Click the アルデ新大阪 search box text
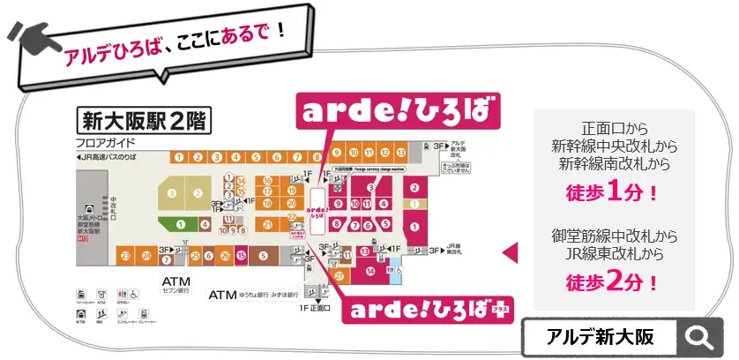tap(600, 336)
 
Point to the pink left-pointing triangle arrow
tap(509, 253)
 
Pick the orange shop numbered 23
tap(127, 256)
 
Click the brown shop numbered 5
tap(263, 256)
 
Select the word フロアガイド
tap(105, 141)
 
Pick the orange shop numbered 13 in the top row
tap(399, 152)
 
